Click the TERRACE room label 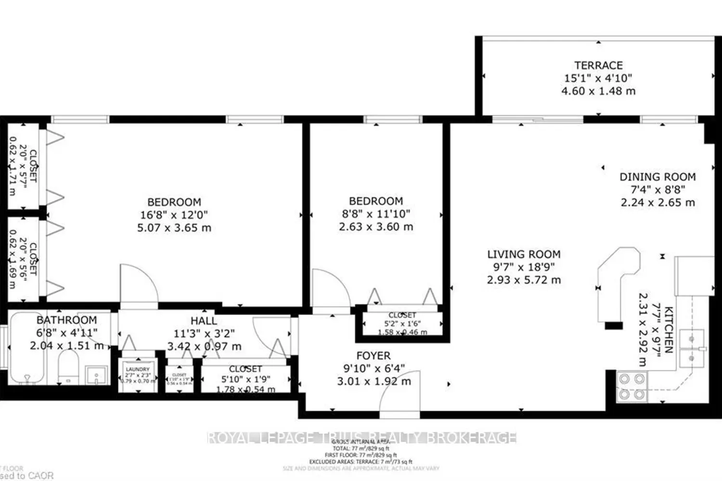point(598,65)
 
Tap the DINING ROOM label point(658,177)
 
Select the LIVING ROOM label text point(524,254)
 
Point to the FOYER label point(374,356)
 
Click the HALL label point(204,321)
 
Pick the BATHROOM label point(66,320)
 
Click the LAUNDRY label point(138,369)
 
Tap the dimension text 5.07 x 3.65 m point(174,228)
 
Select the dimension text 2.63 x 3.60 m point(376,227)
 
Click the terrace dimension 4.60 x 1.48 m point(598,91)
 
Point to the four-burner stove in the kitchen point(632,387)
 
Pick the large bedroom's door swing point(138,284)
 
